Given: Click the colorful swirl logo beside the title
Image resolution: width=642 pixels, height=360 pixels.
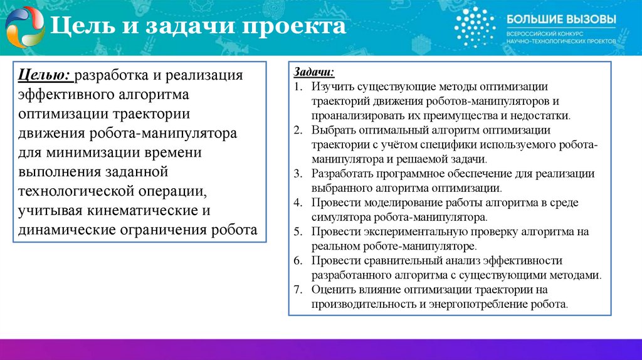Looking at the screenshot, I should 24,27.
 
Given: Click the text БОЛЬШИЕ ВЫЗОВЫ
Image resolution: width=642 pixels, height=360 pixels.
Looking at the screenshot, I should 560,19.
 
